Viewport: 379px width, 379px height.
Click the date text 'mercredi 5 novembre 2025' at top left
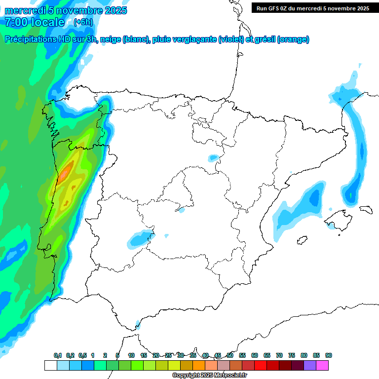pyautogui.click(x=66, y=10)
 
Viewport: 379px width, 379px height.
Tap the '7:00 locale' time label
pyautogui.click(x=35, y=22)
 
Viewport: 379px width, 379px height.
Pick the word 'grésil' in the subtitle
pyautogui.click(x=265, y=39)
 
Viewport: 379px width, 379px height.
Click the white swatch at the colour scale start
pyautogui.click(x=50, y=365)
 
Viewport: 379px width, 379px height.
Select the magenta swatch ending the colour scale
pyautogui.click(x=322, y=365)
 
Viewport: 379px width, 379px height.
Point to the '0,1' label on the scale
pyautogui.click(x=58, y=355)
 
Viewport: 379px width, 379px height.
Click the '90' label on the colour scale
pyautogui.click(x=329, y=355)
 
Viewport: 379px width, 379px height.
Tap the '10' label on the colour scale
pyautogui.click(x=131, y=355)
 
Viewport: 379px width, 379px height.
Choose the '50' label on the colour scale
pyautogui.click(x=230, y=355)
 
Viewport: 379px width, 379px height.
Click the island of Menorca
pyautogui.click(x=365, y=209)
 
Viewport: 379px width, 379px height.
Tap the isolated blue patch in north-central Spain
pyautogui.click(x=213, y=158)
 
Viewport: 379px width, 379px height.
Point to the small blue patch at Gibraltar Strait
pyautogui.click(x=138, y=324)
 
